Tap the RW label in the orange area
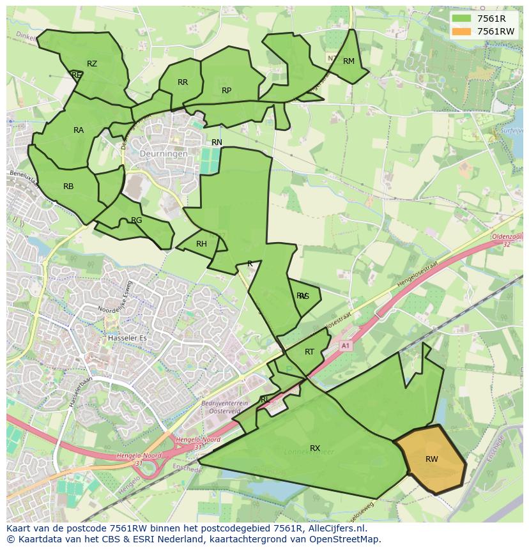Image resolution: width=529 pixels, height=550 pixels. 432,459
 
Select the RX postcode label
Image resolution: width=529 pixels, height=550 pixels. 315,448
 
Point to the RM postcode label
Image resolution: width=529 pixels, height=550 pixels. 349,61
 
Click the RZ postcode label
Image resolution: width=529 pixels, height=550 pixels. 92,63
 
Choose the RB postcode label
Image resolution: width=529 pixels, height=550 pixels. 68,187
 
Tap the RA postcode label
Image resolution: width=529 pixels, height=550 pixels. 79,130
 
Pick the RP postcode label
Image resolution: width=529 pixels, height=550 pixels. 226,91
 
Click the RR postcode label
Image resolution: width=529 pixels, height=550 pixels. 183,82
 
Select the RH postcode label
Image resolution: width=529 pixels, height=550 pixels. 201,244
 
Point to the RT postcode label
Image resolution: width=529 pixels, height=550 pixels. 309,352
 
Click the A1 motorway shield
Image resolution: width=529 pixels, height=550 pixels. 346,346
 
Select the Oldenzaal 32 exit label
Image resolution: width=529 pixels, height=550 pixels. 507,240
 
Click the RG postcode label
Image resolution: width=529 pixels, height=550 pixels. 136,220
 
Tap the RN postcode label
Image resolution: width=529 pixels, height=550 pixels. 217,142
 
